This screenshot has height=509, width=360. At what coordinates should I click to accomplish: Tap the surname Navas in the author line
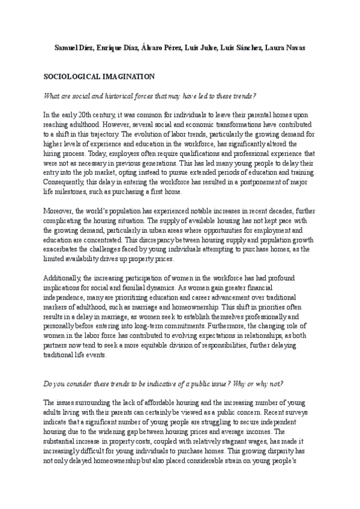point(295,47)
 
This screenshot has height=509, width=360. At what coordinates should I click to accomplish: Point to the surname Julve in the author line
point(214,47)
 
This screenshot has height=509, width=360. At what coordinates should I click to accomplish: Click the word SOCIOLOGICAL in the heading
point(71,77)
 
